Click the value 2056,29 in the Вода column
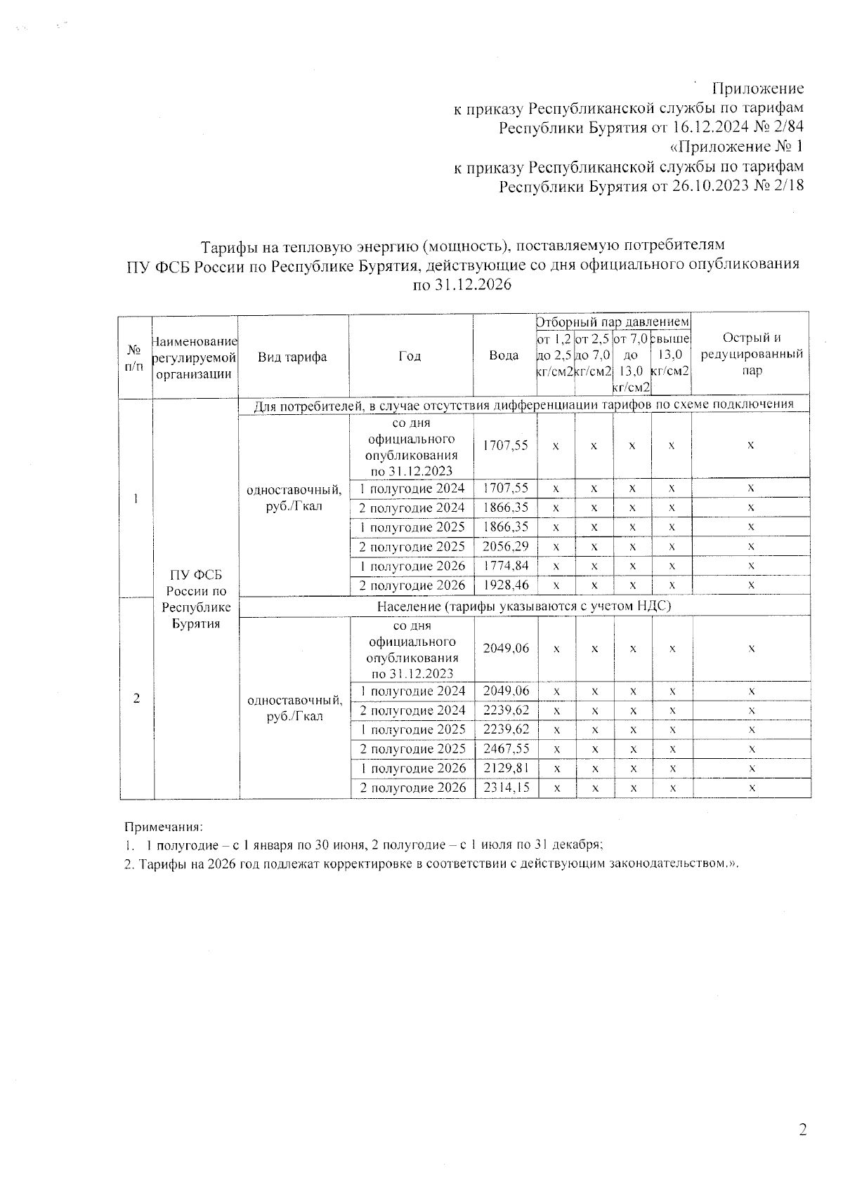(x=505, y=546)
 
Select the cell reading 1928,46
(x=505, y=585)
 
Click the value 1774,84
(x=505, y=566)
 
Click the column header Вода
(x=504, y=356)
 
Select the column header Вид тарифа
(x=292, y=357)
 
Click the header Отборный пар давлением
(x=613, y=322)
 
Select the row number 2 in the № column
(x=136, y=698)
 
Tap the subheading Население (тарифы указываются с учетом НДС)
(x=524, y=606)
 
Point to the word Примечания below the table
(x=164, y=828)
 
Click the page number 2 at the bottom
(x=802, y=1130)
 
